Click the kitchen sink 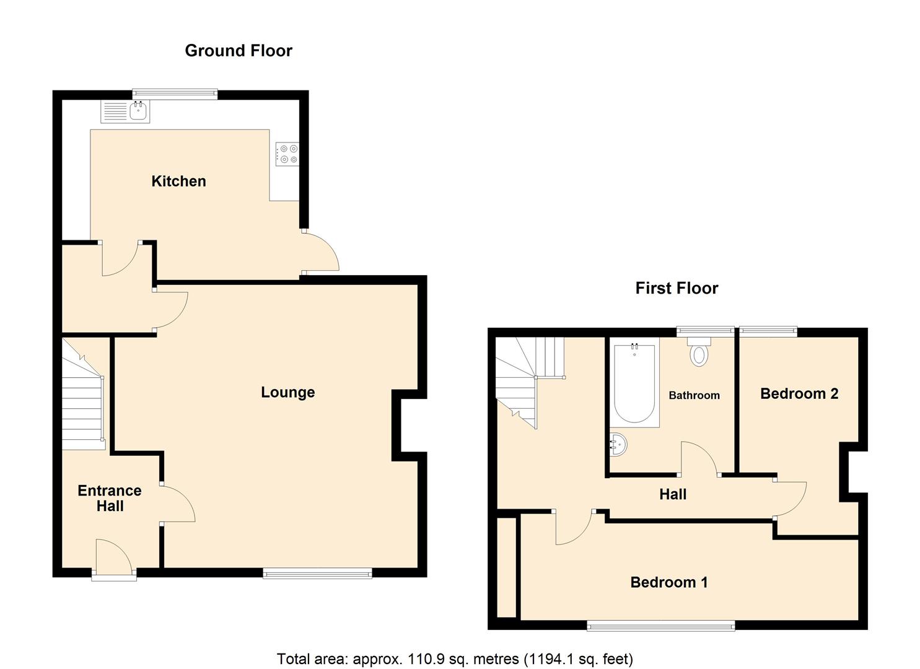tap(138, 112)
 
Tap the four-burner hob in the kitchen tap(287, 154)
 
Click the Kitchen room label tap(178, 181)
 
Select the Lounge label tap(287, 392)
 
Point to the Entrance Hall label tap(110, 498)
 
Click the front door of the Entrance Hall tap(114, 557)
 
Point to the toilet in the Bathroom tap(699, 352)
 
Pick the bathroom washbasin tap(618, 444)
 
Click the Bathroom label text tap(694, 395)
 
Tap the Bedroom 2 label tap(799, 393)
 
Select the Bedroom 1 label tap(668, 582)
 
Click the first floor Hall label tap(672, 494)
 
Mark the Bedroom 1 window tap(660, 626)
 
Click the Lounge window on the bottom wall tap(317, 574)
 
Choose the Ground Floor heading tap(239, 51)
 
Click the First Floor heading tap(677, 288)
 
